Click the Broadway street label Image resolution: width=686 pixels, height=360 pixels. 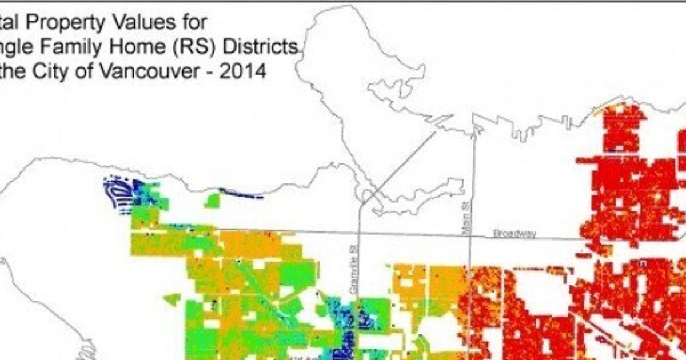(514, 234)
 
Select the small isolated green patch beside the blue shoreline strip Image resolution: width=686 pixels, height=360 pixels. (213, 201)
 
